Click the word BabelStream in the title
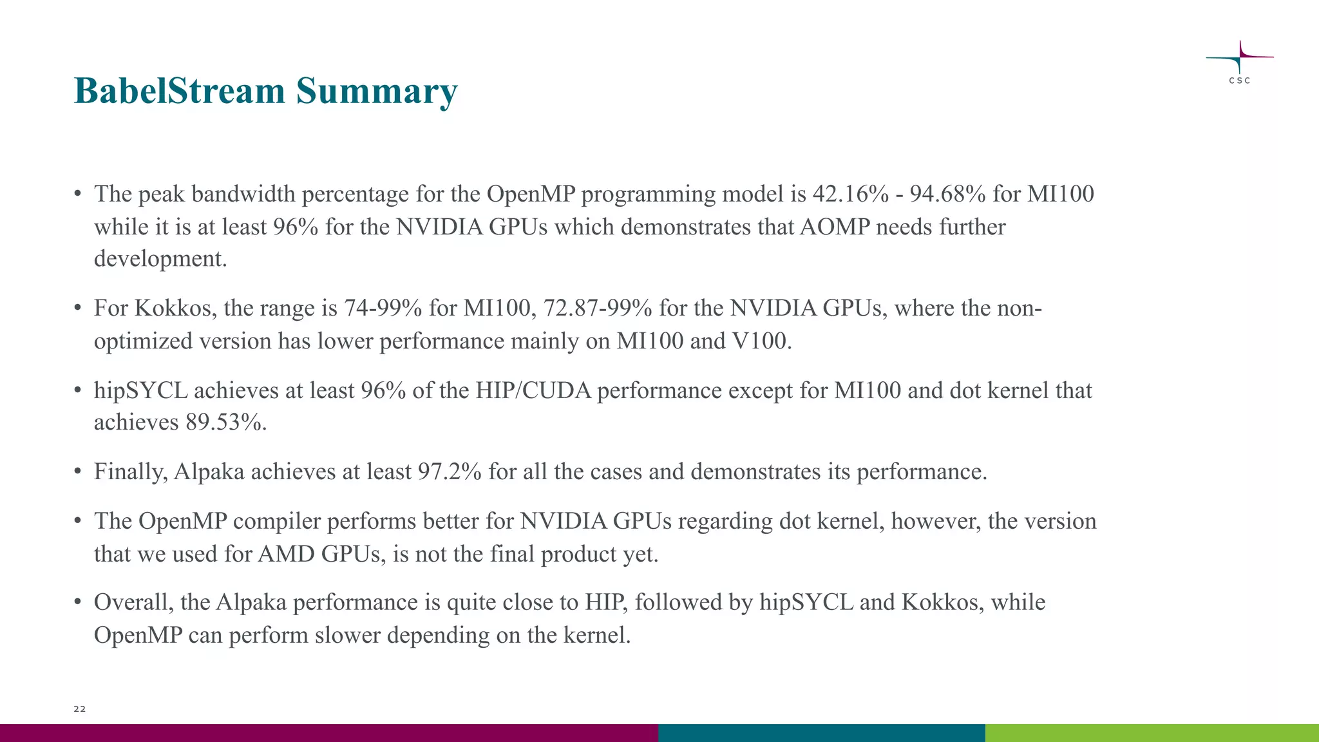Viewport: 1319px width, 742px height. (x=179, y=91)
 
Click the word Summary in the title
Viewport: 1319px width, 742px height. (x=376, y=91)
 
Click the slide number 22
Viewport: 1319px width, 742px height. (x=79, y=709)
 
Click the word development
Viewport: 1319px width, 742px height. (x=160, y=259)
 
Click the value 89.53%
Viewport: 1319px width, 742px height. (x=225, y=423)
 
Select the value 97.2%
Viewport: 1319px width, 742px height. (x=450, y=472)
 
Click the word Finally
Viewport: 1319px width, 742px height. (x=131, y=472)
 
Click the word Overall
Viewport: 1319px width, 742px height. (x=134, y=602)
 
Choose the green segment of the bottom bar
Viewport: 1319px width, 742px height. (x=1152, y=732)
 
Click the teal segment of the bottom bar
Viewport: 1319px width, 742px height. (x=821, y=732)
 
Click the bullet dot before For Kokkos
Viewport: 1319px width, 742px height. (x=77, y=308)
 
